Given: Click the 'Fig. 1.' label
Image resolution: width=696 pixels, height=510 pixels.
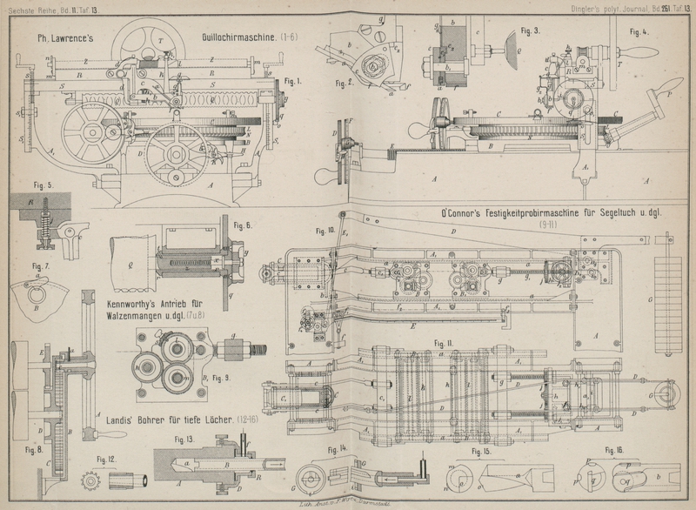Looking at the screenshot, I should pos(292,81).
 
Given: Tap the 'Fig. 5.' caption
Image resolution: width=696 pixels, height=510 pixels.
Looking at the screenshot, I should pos(20,185).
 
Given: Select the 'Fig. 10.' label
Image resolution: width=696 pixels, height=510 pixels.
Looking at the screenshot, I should pos(325,231).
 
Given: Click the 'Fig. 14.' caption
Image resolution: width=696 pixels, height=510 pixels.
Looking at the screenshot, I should pos(337,448).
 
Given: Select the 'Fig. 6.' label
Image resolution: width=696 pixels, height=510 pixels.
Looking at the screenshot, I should pos(243,225).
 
